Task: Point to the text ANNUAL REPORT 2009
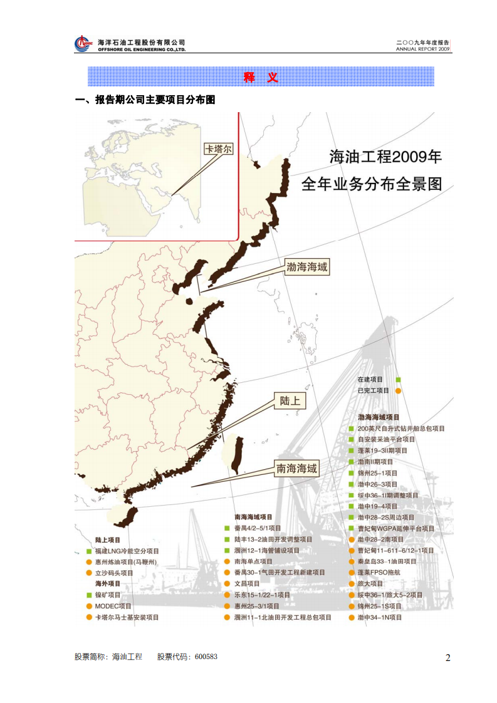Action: pyautogui.click(x=423, y=48)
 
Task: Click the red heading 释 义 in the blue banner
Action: pyautogui.click(x=261, y=78)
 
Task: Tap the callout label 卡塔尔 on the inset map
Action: pyautogui.click(x=219, y=149)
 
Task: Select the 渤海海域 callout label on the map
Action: pyautogui.click(x=307, y=268)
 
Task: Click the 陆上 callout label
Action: pyautogui.click(x=290, y=400)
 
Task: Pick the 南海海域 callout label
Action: pyautogui.click(x=296, y=468)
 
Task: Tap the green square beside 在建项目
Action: pyautogui.click(x=398, y=380)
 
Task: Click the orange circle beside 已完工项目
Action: pyautogui.click(x=398, y=391)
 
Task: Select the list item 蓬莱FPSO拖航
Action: pyautogui.click(x=379, y=573)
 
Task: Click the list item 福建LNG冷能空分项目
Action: pyautogui.click(x=127, y=551)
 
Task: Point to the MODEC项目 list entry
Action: pyautogui.click(x=113, y=607)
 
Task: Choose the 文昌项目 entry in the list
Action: pyautogui.click(x=247, y=584)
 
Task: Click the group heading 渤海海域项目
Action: pyautogui.click(x=379, y=417)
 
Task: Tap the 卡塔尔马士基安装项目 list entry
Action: pyautogui.click(x=127, y=618)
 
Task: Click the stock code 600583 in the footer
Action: pyautogui.click(x=206, y=657)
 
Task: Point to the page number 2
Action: pyautogui.click(x=447, y=657)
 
